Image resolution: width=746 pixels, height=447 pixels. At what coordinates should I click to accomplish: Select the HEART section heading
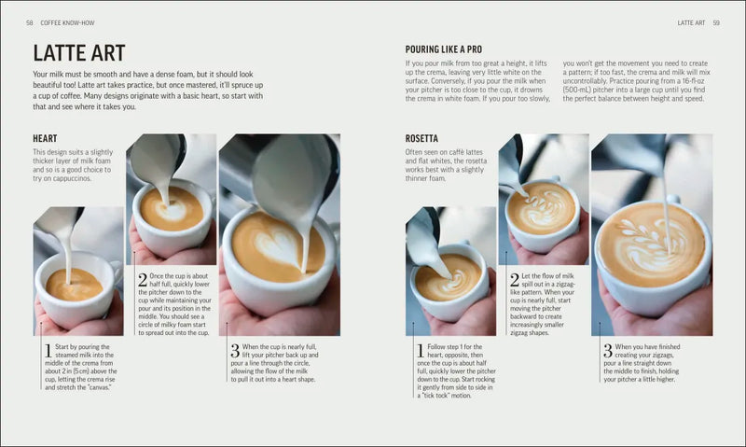pyautogui.click(x=45, y=139)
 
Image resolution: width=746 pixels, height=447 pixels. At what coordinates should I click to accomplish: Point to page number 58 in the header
pyautogui.click(x=30, y=21)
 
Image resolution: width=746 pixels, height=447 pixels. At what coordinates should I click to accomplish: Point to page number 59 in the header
pyautogui.click(x=716, y=21)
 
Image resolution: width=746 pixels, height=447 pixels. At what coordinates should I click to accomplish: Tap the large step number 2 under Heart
pyautogui.click(x=143, y=279)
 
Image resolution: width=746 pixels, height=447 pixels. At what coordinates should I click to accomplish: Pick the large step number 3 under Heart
pyautogui.click(x=234, y=351)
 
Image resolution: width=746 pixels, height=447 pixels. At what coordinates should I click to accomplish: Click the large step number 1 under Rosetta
pyautogui.click(x=421, y=351)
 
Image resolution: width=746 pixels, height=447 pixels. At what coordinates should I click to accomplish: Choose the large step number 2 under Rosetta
pyautogui.click(x=514, y=279)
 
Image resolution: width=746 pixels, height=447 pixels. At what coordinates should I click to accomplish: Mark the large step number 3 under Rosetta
pyautogui.click(x=607, y=351)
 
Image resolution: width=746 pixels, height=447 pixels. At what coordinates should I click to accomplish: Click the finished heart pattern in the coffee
pyautogui.click(x=276, y=245)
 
